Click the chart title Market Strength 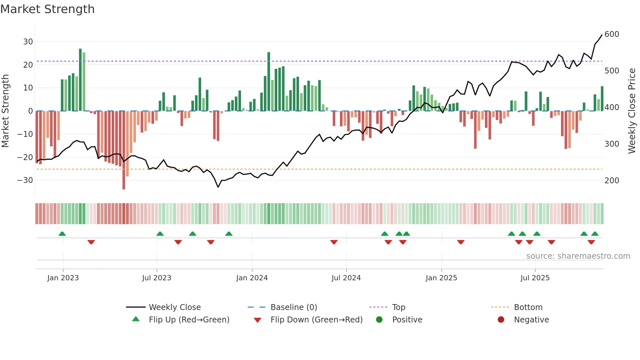[47, 9]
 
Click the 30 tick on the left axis [28, 42]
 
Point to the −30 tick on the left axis [25, 180]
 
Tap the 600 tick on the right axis [612, 34]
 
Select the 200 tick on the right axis [612, 181]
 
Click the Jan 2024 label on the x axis [252, 278]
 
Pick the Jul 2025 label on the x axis [535, 278]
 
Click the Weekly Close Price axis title [632, 111]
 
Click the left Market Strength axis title [6, 111]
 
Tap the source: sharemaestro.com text [578, 256]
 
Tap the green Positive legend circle [379, 320]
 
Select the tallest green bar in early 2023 [80, 80]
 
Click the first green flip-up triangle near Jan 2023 [62, 234]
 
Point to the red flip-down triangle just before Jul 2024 [334, 242]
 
